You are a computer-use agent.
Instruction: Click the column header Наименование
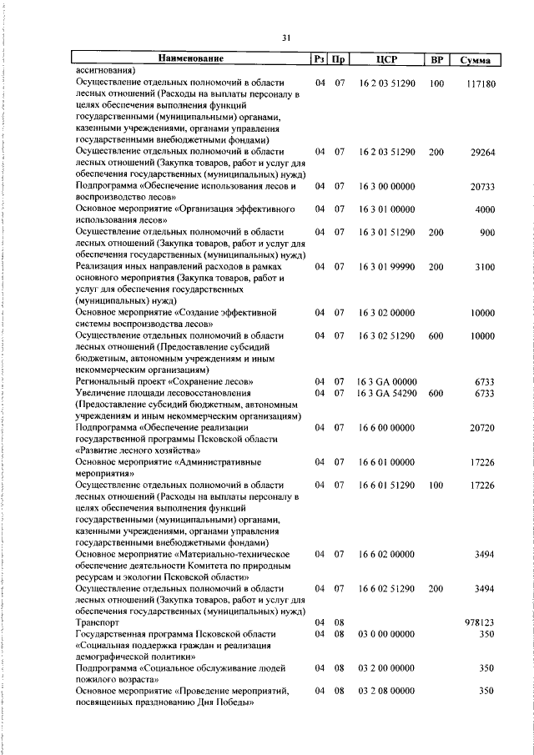pyautogui.click(x=191, y=59)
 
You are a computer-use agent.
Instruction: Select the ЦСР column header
pyautogui.click(x=385, y=60)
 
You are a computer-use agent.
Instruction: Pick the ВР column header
pyautogui.click(x=436, y=60)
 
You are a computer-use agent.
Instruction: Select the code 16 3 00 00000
pyautogui.click(x=386, y=186)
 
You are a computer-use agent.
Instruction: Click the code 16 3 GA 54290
pyautogui.click(x=386, y=393)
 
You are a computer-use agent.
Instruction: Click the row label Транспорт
pyautogui.click(x=98, y=622)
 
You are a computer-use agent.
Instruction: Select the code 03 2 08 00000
pyautogui.click(x=386, y=691)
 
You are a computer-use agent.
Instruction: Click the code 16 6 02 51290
pyautogui.click(x=386, y=588)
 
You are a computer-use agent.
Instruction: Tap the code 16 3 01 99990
pyautogui.click(x=386, y=266)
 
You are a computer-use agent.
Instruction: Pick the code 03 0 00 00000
pyautogui.click(x=386, y=634)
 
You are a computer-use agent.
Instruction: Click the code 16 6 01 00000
pyautogui.click(x=386, y=461)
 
